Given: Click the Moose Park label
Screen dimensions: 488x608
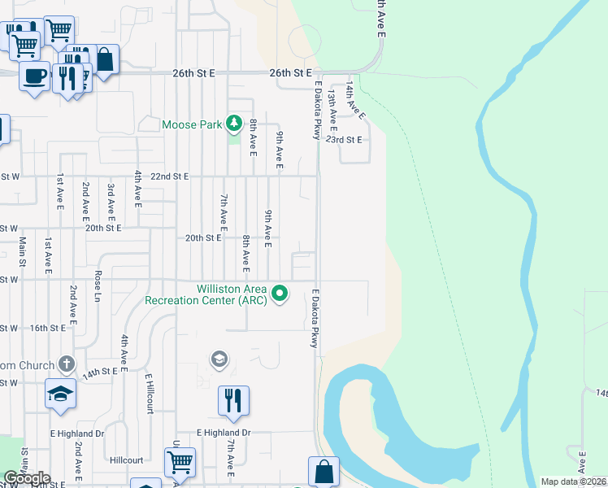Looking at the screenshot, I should pos(192,124).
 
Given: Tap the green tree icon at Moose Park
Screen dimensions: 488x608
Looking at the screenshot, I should pos(234,124).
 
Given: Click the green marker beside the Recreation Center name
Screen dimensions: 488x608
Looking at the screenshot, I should pos(280,293).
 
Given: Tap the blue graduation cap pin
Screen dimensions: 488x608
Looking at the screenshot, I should pos(60,393).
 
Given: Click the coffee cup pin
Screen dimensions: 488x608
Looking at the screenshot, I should pos(33,77).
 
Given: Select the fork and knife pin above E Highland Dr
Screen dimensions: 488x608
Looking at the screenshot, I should pos(232,400).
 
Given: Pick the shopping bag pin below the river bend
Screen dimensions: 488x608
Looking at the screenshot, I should pos(324,471).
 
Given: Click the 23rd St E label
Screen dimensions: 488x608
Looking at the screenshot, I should pos(343,139).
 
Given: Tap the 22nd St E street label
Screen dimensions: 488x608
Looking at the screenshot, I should pos(169,176).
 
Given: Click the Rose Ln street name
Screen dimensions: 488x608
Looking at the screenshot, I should pos(98,285).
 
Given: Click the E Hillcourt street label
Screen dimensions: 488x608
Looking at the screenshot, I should pos(150,394).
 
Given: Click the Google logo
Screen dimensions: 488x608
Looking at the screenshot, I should pos(27,478).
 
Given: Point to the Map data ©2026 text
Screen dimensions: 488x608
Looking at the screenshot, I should pos(574,481).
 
